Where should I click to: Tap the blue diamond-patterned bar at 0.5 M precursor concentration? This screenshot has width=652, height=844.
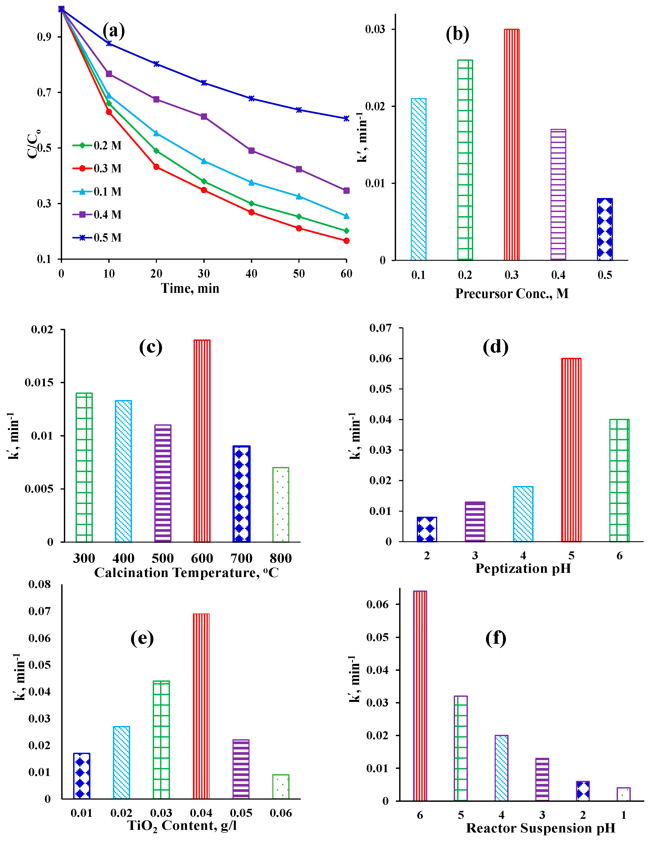[x=604, y=229]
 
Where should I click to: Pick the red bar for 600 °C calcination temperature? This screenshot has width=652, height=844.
[x=202, y=440]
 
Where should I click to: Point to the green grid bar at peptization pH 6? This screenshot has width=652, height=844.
[x=619, y=480]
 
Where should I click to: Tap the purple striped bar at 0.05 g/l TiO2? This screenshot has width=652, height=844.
[x=241, y=769]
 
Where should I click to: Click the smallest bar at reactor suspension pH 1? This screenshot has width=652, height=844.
[x=623, y=794]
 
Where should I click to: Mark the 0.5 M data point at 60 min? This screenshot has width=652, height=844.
[x=346, y=118]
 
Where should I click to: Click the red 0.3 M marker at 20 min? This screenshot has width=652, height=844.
[x=156, y=167]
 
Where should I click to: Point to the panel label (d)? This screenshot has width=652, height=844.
[x=496, y=347]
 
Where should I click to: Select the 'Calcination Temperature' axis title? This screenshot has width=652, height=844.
[x=186, y=572]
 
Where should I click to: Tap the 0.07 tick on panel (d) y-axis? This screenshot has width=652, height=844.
[x=380, y=328]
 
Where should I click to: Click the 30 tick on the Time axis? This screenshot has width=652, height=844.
[x=204, y=274]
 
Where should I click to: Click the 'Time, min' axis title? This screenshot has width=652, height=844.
[x=190, y=288]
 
